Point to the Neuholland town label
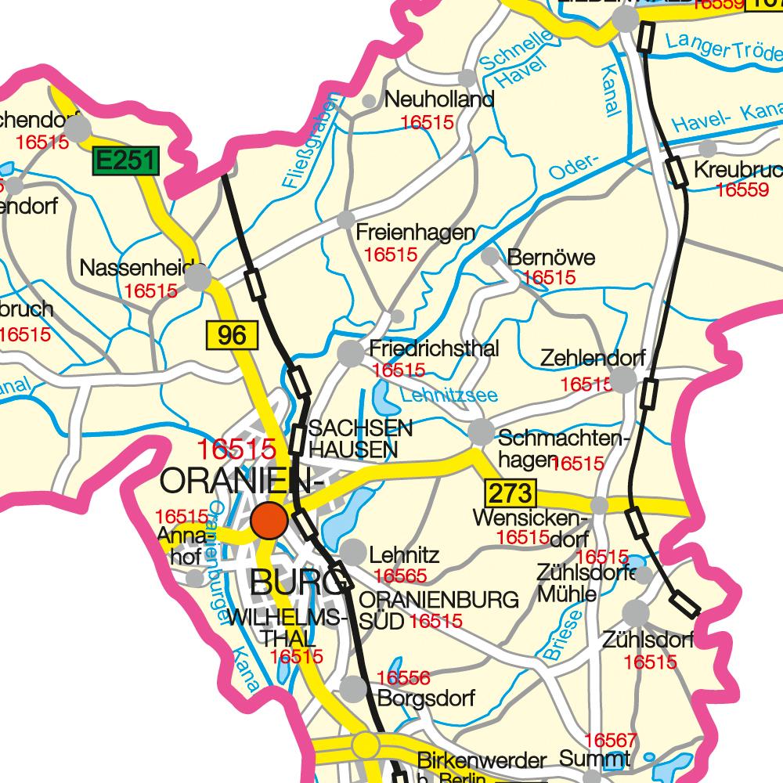(x=439, y=100)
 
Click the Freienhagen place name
(x=415, y=233)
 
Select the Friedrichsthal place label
(x=433, y=349)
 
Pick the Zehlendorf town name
(x=593, y=359)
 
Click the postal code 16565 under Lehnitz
(x=400, y=576)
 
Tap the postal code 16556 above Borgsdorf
(x=403, y=678)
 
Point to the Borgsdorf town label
(x=426, y=698)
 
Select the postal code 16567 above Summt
(x=611, y=740)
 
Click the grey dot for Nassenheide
(x=198, y=277)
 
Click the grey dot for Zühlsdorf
(x=636, y=613)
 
